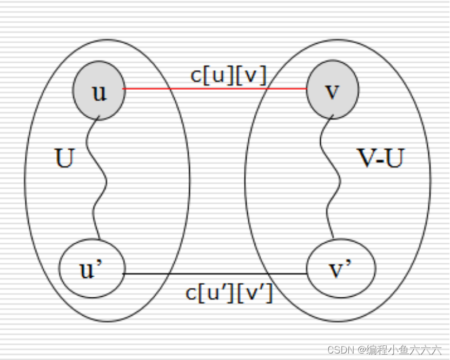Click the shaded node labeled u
tap(99, 91)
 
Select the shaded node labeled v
tap(333, 90)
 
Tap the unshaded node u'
tap(92, 269)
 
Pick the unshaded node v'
tap(341, 269)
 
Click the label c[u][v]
tap(228, 76)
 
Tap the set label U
tap(64, 159)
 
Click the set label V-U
tap(380, 158)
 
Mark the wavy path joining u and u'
tap(96, 178)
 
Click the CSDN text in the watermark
tap(339, 350)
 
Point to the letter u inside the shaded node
tap(99, 92)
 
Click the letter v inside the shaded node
tap(332, 91)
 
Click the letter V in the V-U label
tap(367, 158)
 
